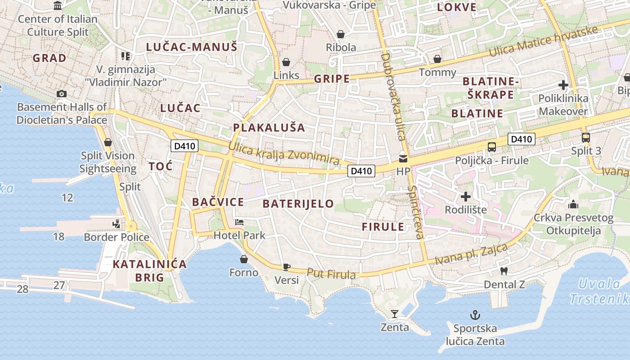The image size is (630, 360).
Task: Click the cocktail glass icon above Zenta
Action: pos(395,314)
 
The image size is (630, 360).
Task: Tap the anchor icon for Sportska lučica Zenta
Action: pos(475,315)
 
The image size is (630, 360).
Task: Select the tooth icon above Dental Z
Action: pos(504,271)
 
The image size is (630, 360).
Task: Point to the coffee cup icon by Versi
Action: pos(286,267)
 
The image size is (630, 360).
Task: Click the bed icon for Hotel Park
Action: pos(239,222)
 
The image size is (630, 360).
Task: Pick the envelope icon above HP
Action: pos(403,158)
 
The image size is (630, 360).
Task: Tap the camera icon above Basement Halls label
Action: pos(62,94)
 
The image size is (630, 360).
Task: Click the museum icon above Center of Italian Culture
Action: pos(58,6)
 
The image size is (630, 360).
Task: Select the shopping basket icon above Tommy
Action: pos(437,59)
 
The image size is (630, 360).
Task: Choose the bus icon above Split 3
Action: pos(585,138)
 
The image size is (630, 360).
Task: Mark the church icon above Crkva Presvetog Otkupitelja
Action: pos(573,205)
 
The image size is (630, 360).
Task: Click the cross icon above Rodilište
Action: pos(466,197)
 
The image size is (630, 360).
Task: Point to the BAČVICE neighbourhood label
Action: pos(218,202)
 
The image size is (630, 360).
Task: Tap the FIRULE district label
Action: pos(383,227)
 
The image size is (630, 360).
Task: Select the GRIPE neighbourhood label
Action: pos(332,79)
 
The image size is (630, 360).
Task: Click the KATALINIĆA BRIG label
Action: pos(149,270)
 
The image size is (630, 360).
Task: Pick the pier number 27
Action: pos(59,285)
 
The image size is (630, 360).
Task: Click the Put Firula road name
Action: pos(331,274)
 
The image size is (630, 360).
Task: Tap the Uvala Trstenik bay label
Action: pos(599,291)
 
